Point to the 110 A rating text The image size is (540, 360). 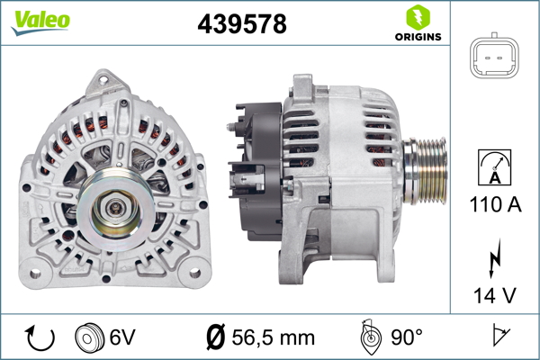(x=494, y=205)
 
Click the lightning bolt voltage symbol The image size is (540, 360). (x=494, y=262)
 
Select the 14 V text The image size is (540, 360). (x=494, y=294)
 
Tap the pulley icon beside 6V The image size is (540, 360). (x=89, y=337)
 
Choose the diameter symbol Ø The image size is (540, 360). (x=215, y=337)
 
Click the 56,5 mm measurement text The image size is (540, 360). (x=274, y=337)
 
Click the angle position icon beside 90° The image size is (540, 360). (x=368, y=337)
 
